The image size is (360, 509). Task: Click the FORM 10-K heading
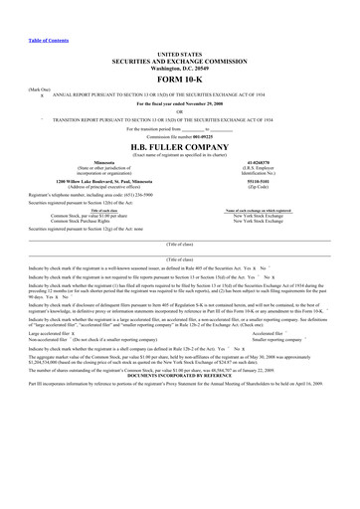[179, 79]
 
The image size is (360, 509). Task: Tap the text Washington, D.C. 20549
[179, 69]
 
